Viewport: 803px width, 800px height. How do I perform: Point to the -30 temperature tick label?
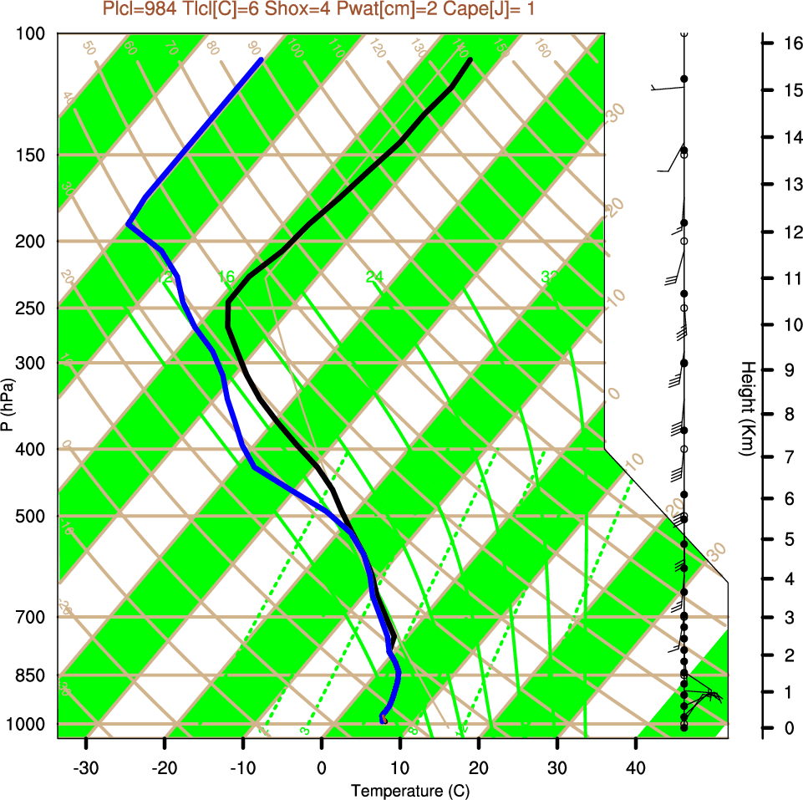(86, 767)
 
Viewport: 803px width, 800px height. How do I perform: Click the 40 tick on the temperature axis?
(636, 767)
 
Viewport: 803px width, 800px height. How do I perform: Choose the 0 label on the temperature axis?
(322, 767)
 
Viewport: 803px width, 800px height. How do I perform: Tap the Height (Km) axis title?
(747, 409)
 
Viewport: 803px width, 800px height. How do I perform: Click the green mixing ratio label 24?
(374, 277)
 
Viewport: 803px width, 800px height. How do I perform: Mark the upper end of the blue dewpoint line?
(262, 60)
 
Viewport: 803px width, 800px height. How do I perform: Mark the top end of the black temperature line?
(470, 60)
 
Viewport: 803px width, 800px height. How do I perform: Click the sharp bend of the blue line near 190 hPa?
(129, 224)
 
